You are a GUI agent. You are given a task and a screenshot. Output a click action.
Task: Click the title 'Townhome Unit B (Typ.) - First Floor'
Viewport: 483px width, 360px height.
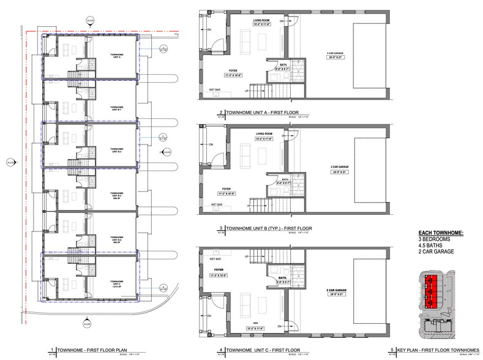[269, 228]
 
